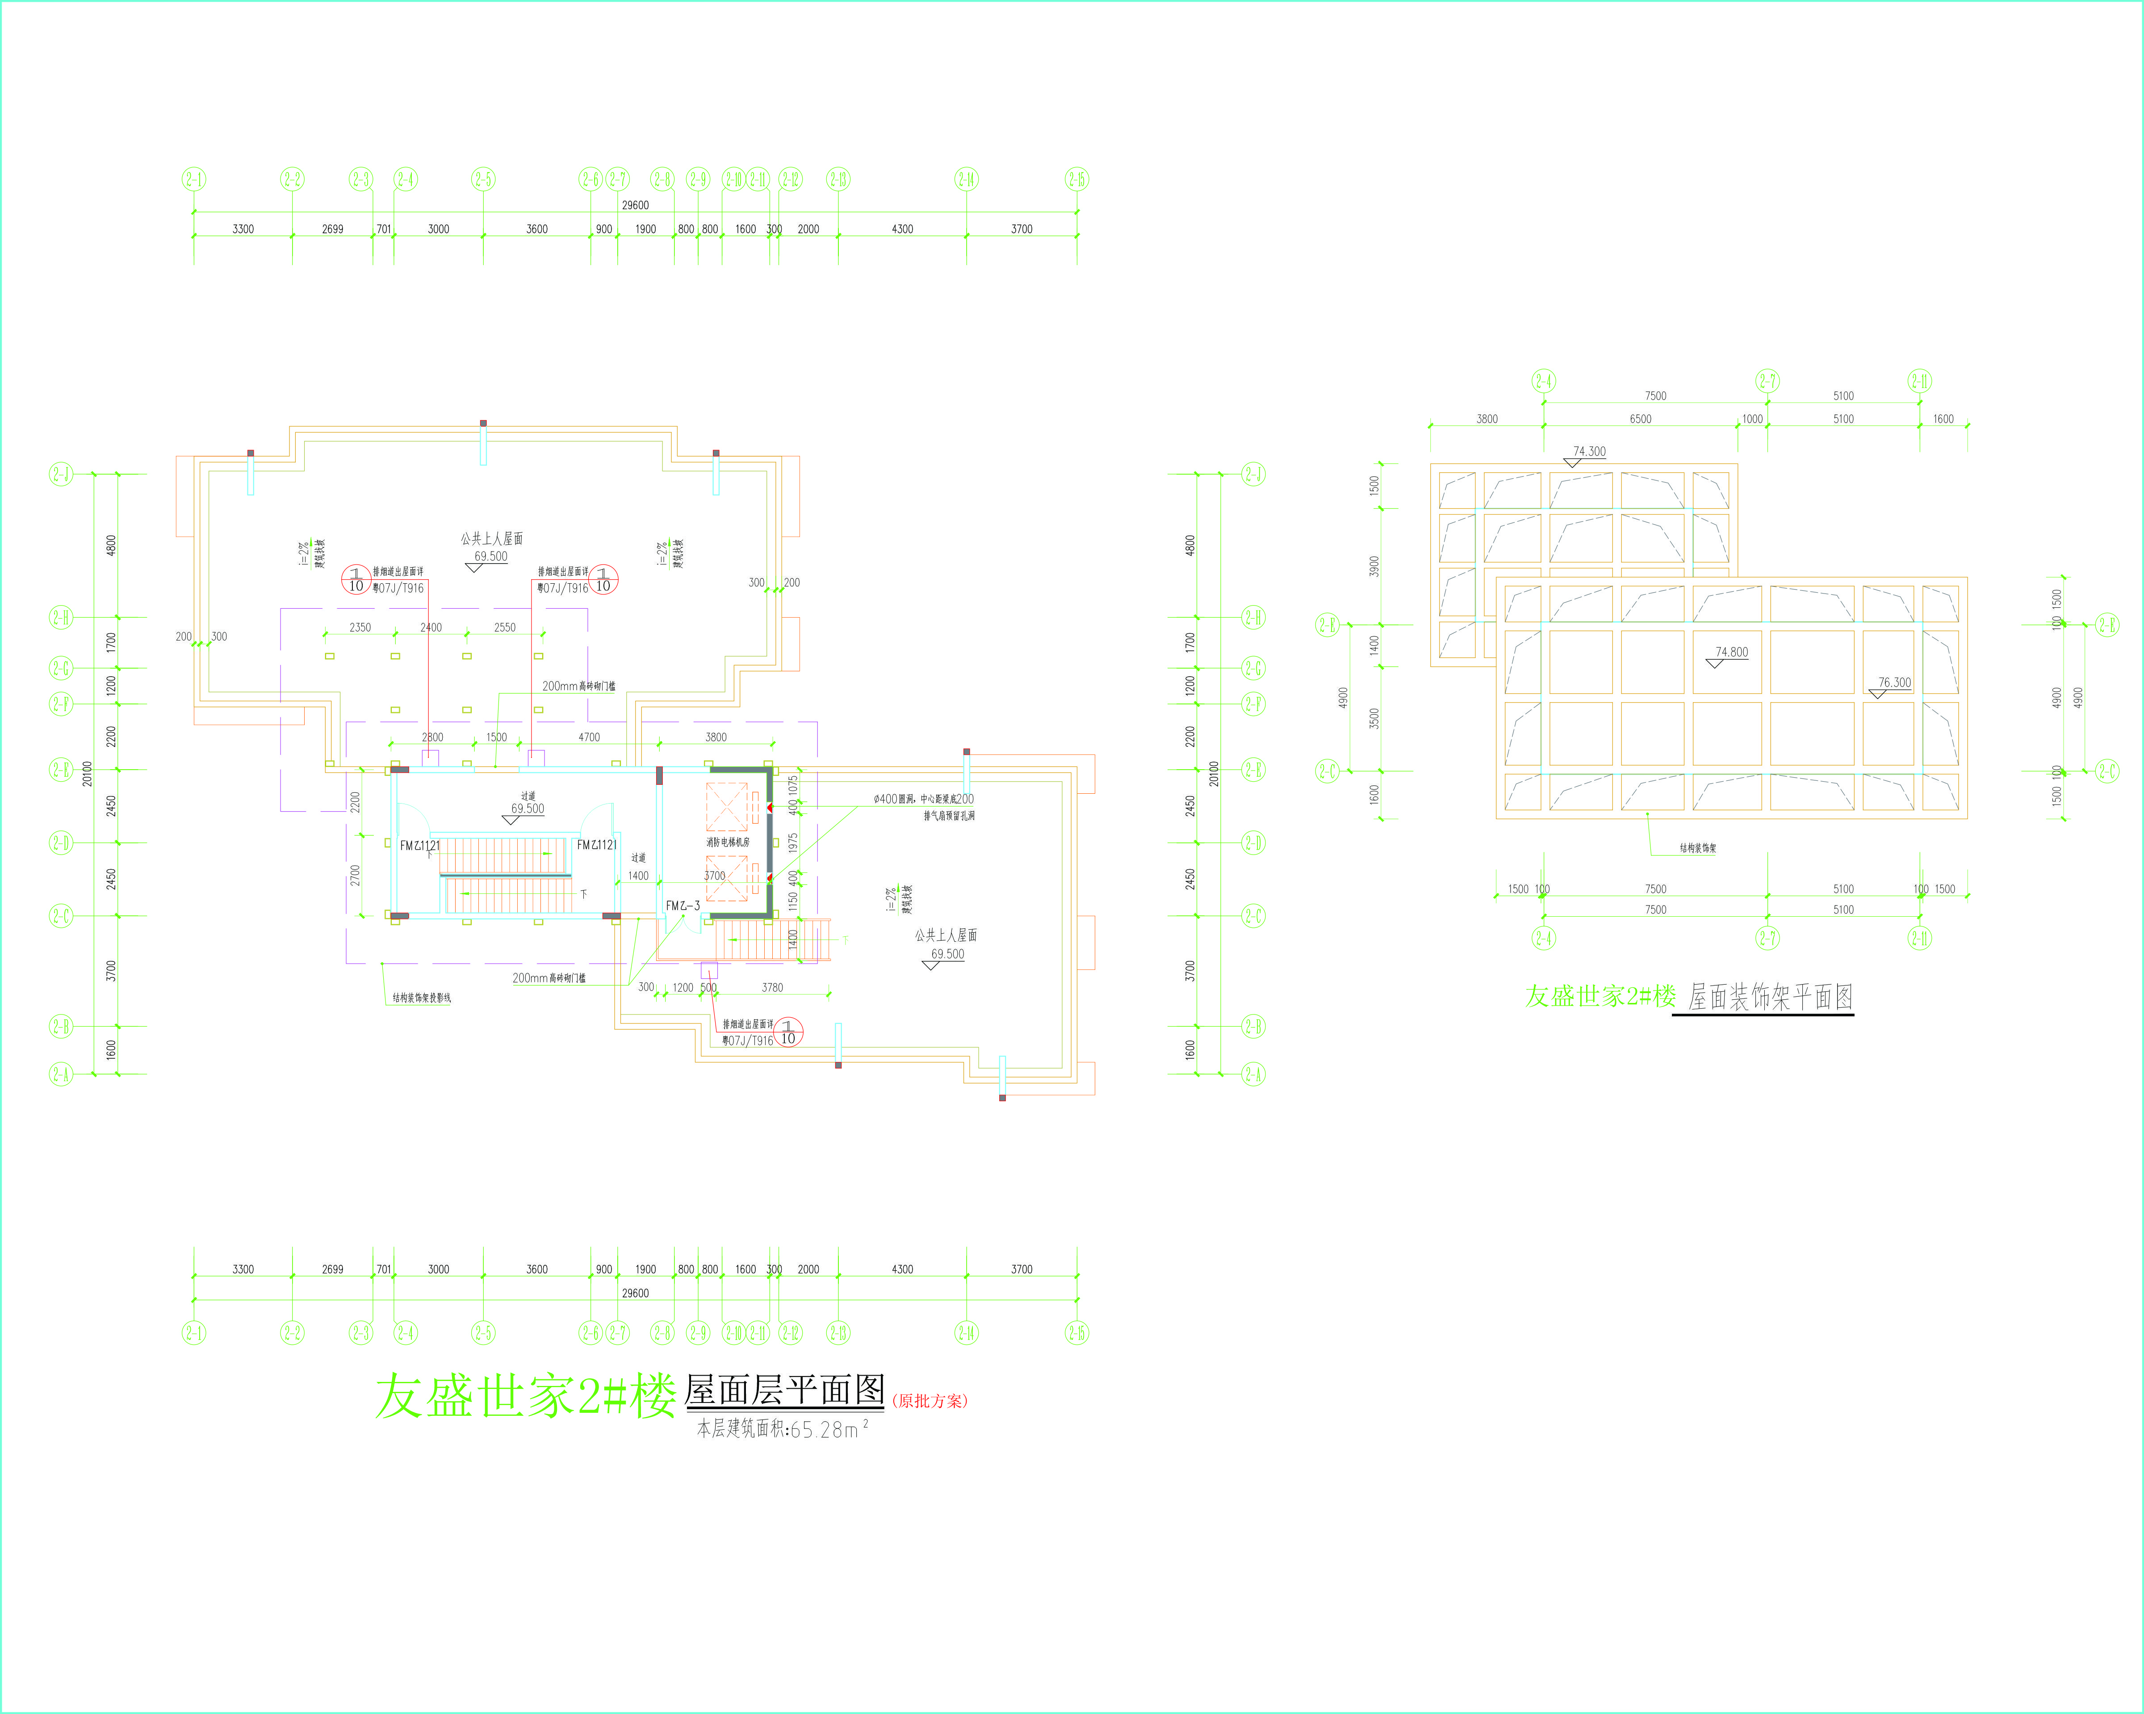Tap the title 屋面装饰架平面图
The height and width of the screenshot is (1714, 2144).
pos(1770,997)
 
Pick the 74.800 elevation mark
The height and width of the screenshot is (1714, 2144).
pos(1731,653)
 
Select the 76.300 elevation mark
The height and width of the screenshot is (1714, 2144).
pos(1894,682)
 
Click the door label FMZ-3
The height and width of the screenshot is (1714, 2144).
pos(683,905)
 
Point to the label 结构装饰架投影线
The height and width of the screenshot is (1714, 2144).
pos(422,998)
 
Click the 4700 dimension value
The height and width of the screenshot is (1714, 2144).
pos(589,737)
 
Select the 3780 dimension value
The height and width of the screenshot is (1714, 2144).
pos(772,988)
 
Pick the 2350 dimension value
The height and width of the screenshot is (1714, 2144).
pos(360,627)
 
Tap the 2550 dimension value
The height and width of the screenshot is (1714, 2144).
pos(505,627)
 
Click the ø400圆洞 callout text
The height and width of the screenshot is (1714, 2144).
pos(923,799)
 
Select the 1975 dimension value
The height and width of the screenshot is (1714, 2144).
pos(792,842)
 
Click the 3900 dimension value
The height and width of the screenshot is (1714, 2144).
pos(1374,566)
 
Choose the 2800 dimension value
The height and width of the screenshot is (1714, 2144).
pos(432,737)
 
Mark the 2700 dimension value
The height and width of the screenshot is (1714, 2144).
pos(355,876)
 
